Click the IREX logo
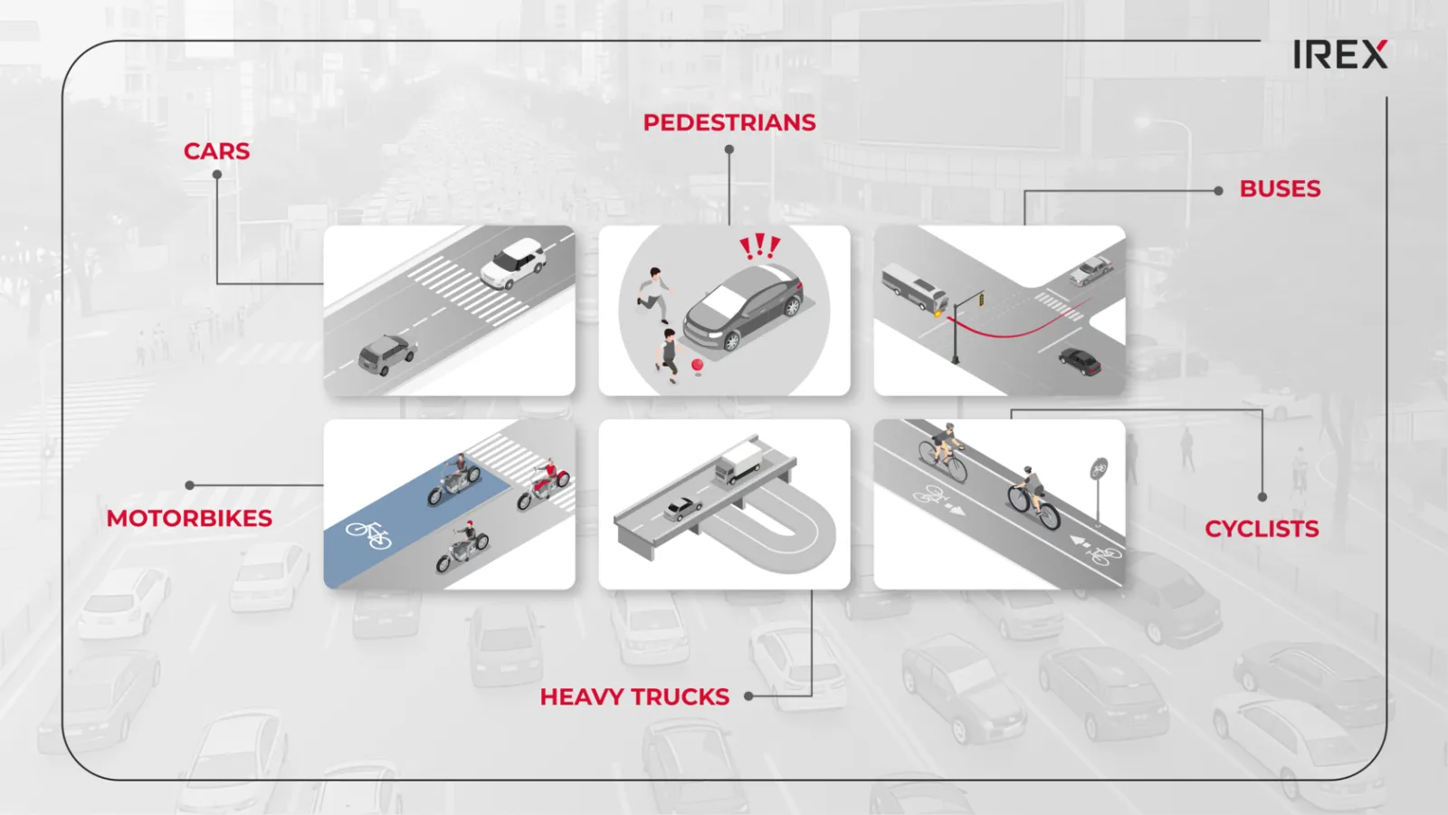[1340, 54]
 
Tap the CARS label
[216, 151]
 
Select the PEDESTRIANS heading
[729, 122]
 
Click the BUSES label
[1280, 189]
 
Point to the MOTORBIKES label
[189, 518]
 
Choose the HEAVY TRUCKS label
[634, 696]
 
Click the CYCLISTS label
[1262, 529]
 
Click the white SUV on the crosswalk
[514, 263]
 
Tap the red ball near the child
[697, 366]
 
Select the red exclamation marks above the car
[759, 246]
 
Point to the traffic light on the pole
[981, 299]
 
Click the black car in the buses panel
[1080, 361]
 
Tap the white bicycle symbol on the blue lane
[368, 534]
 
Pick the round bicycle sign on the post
[1099, 467]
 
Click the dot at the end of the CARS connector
[217, 175]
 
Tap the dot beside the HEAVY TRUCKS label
[748, 696]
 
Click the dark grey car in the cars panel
[386, 354]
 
